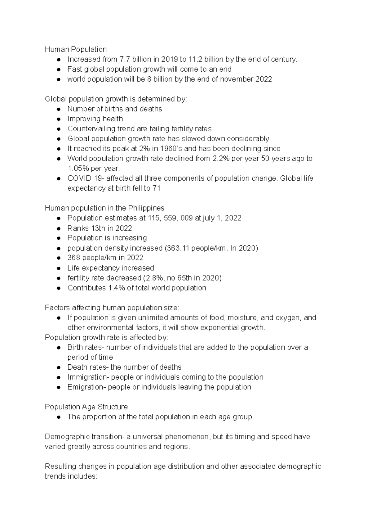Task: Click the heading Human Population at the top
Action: (x=76, y=49)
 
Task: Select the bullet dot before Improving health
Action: (x=58, y=119)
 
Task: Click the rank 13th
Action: (x=98, y=228)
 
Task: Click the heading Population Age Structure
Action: (x=86, y=407)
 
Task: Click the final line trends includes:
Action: (x=71, y=476)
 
